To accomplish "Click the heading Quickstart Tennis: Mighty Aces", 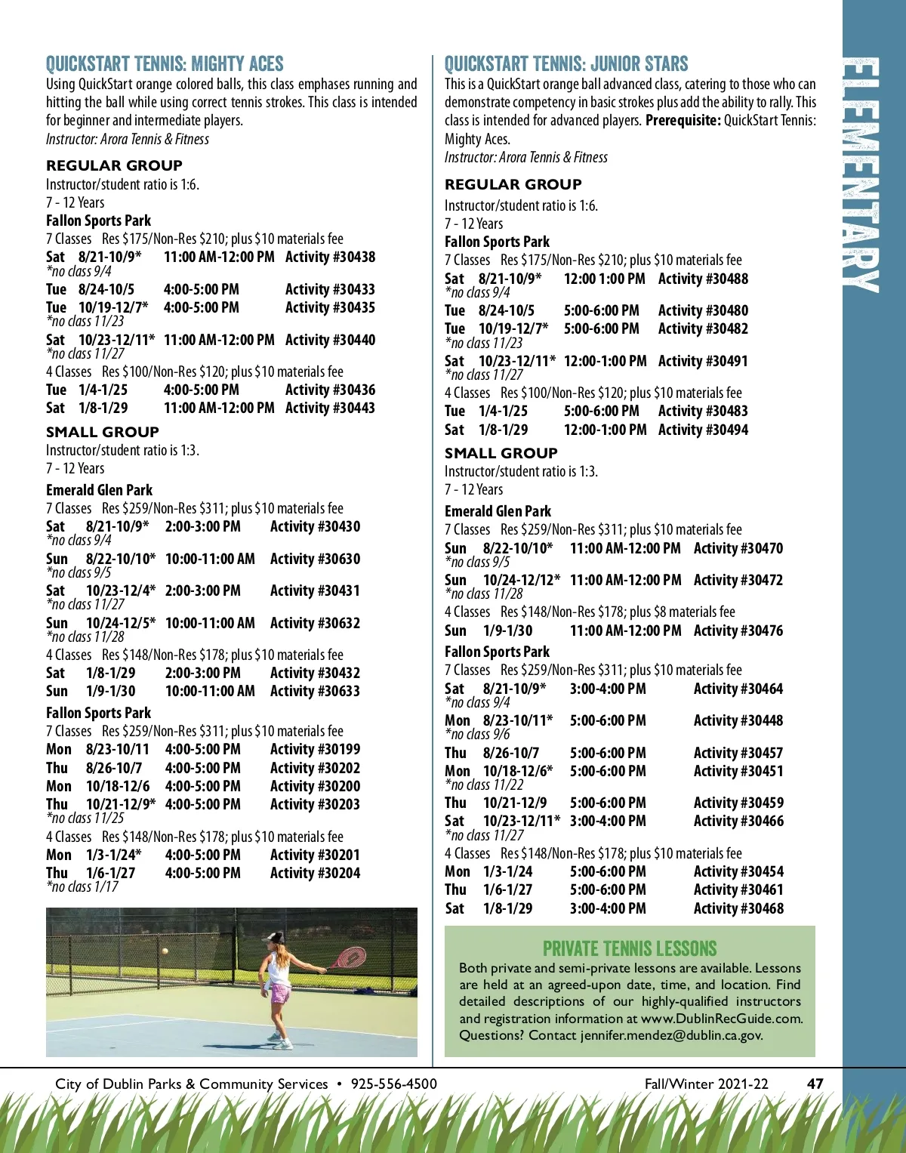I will point(165,64).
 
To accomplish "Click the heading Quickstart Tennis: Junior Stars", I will point(566,64).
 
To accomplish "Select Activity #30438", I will point(330,257).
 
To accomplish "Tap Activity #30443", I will point(330,408).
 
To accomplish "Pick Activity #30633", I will point(315,691).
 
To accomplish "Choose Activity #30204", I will point(315,873).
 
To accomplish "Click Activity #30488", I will point(703,279).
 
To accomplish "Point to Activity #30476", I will point(738,630).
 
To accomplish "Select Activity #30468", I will point(738,908).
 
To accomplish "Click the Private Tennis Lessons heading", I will point(630,948).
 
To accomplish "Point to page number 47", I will point(815,1084).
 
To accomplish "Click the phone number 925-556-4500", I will point(393,1084).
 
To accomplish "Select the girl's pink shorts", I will point(280,994).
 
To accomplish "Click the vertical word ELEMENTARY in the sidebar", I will point(861,174).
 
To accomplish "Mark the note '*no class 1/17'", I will point(82,887).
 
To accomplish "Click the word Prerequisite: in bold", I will point(683,121).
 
